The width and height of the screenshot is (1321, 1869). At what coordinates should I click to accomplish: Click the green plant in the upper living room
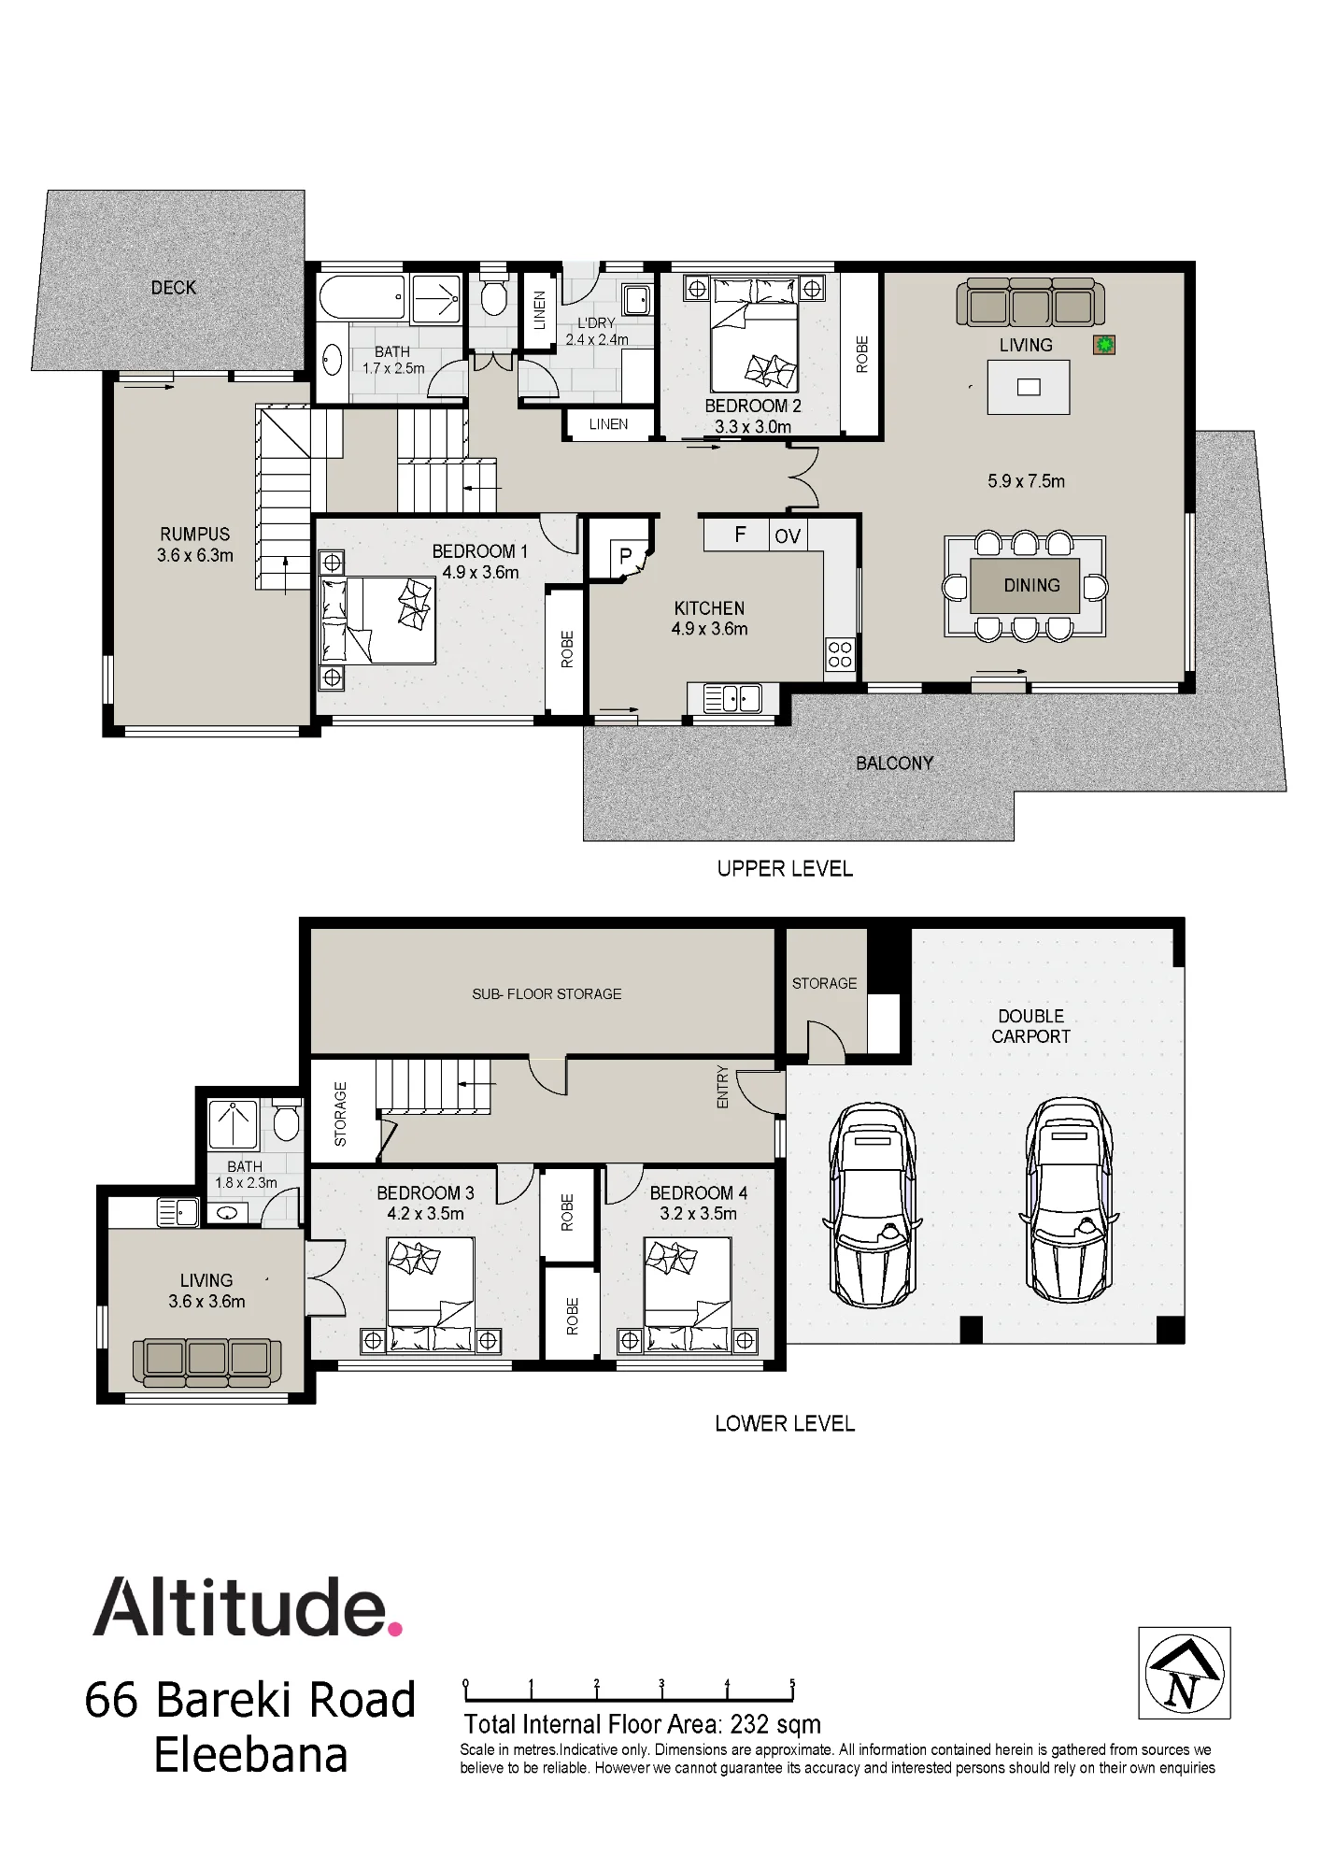pyautogui.click(x=1105, y=345)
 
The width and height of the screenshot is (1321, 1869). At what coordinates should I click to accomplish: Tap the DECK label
pyautogui.click(x=174, y=288)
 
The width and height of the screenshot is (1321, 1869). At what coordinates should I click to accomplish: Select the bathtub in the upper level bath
pyautogui.click(x=362, y=298)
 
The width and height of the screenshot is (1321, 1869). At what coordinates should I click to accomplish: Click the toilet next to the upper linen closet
pyautogui.click(x=493, y=294)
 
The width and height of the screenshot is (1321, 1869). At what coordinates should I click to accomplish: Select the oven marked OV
pyautogui.click(x=788, y=535)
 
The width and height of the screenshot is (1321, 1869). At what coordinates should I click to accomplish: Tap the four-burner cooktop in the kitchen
pyautogui.click(x=840, y=654)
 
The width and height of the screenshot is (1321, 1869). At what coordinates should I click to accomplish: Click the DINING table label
pyautogui.click(x=1031, y=585)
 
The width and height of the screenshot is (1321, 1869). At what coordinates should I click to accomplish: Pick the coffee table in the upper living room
pyautogui.click(x=1029, y=387)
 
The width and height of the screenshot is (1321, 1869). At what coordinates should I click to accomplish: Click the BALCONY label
pyautogui.click(x=894, y=763)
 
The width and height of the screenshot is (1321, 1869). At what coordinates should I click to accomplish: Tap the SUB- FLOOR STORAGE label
pyautogui.click(x=547, y=994)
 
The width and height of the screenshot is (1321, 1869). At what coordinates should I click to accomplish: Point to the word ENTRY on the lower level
pyautogui.click(x=722, y=1087)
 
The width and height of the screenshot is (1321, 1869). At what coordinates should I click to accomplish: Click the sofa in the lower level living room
pyautogui.click(x=207, y=1362)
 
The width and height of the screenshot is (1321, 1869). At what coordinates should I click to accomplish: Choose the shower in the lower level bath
pyautogui.click(x=233, y=1124)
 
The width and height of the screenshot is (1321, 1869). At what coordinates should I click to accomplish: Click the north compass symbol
pyautogui.click(x=1184, y=1673)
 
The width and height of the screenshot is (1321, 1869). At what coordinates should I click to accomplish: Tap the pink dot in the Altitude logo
pyautogui.click(x=395, y=1629)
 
